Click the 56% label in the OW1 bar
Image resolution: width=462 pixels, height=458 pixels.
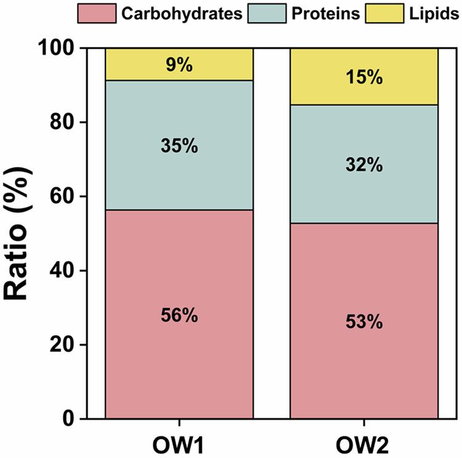[179, 316]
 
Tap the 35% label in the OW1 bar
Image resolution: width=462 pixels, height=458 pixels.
[179, 147]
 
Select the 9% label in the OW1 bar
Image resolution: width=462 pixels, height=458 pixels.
[179, 64]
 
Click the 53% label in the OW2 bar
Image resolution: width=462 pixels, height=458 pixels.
[363, 322]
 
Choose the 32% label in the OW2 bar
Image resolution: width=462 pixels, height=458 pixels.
[363, 165]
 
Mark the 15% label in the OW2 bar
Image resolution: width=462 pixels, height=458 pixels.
[363, 78]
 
